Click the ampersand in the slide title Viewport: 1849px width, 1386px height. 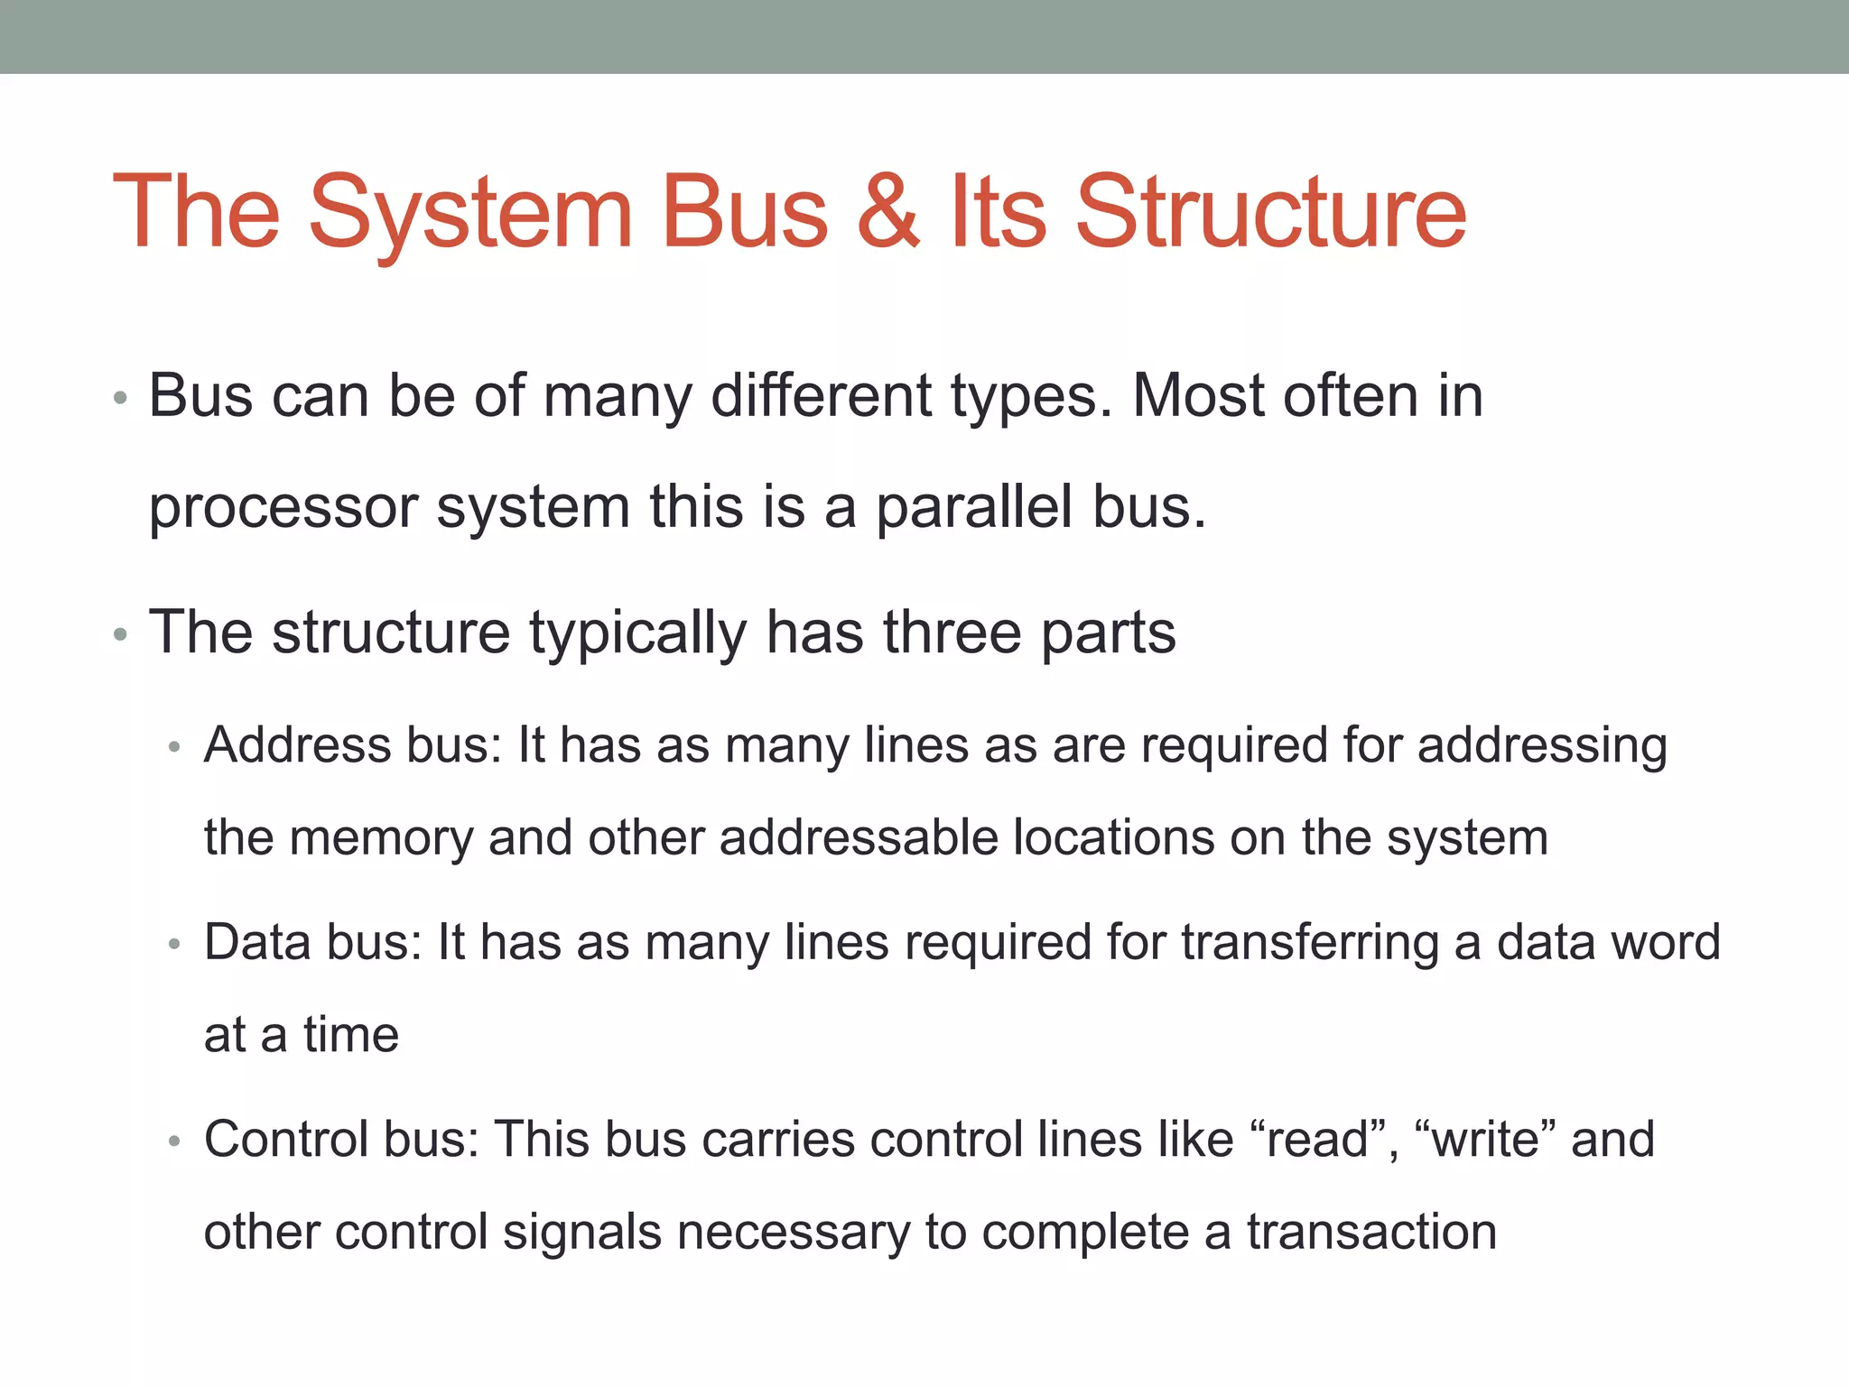pos(888,211)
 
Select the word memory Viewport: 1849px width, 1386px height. pos(381,839)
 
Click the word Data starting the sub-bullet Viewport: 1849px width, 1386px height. pos(256,942)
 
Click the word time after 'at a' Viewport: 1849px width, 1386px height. pos(350,1034)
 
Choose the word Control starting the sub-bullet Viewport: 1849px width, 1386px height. pos(285,1139)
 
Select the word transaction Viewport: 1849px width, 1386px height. pos(1371,1232)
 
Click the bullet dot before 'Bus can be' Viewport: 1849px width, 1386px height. pos(121,398)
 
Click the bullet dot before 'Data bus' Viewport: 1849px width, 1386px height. pos(175,945)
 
